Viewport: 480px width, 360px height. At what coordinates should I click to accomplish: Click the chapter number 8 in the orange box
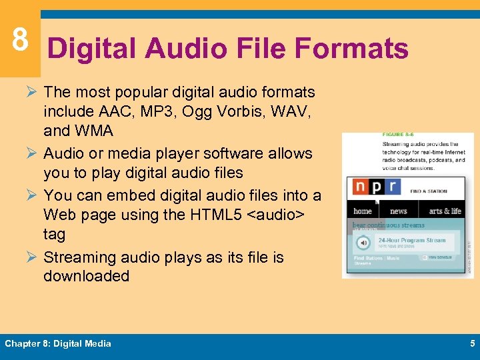20,40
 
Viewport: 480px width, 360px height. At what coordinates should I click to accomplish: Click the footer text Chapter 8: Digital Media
58,344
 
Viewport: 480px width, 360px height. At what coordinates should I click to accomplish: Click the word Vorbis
242,111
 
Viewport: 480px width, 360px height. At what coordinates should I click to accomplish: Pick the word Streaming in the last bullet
79,257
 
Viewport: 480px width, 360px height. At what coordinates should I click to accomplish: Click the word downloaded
86,276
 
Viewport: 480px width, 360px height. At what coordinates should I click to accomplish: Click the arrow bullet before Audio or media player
33,153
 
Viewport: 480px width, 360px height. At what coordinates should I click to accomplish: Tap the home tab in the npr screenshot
363,211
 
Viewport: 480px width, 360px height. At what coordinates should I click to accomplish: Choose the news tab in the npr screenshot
399,211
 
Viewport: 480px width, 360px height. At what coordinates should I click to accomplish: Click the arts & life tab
445,211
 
